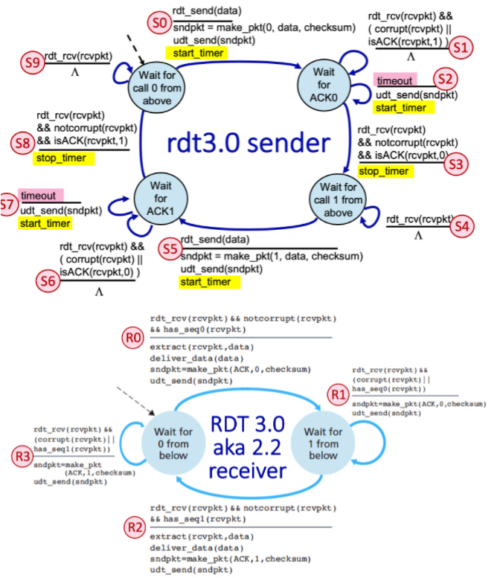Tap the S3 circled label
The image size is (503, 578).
455,165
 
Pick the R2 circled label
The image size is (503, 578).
134,527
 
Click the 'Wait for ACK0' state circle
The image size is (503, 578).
324,79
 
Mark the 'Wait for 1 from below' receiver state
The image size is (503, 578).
322,444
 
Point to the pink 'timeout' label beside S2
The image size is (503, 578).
396,80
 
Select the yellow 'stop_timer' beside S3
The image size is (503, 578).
383,171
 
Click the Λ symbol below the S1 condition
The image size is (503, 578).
411,56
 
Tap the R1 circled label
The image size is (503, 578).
339,393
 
